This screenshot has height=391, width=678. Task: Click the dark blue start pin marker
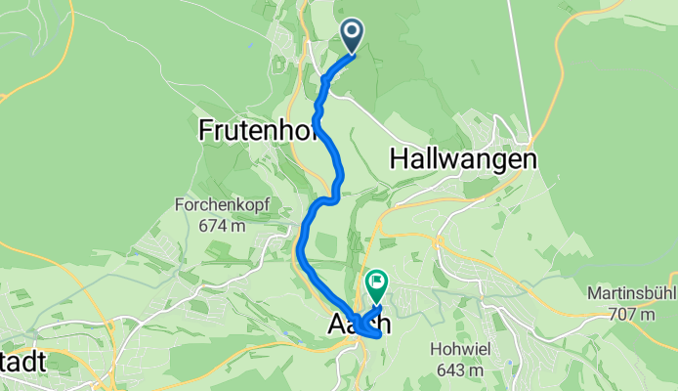coord(352,36)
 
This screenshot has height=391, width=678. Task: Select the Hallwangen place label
coord(463,157)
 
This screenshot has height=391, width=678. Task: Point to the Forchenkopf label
coord(221,206)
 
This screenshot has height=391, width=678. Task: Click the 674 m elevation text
coord(221,226)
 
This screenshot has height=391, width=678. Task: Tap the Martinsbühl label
coord(632,294)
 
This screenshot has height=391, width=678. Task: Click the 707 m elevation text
coord(632,314)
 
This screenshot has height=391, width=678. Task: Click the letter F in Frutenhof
coord(205,129)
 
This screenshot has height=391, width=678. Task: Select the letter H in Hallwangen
coord(398,157)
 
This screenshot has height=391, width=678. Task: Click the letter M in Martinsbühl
coord(595,294)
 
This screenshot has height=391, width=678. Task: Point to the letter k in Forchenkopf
coord(241,206)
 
